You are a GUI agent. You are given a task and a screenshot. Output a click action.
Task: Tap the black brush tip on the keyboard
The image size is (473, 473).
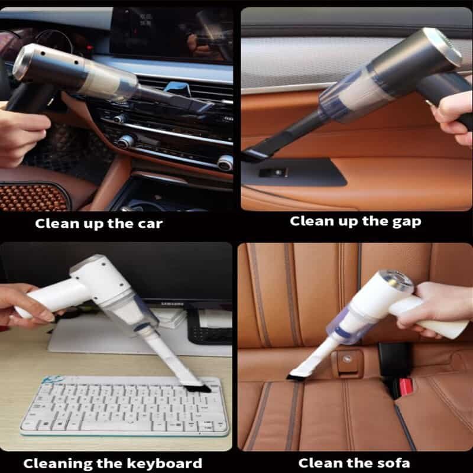pyautogui.click(x=198, y=388)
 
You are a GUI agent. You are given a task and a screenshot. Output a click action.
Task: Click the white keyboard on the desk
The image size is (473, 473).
pyautogui.click(x=124, y=406)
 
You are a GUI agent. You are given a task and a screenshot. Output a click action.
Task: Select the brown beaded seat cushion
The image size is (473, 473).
pyautogui.click(x=33, y=197)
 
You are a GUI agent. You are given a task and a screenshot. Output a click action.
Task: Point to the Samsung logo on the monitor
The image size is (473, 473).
pyautogui.click(x=172, y=304)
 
